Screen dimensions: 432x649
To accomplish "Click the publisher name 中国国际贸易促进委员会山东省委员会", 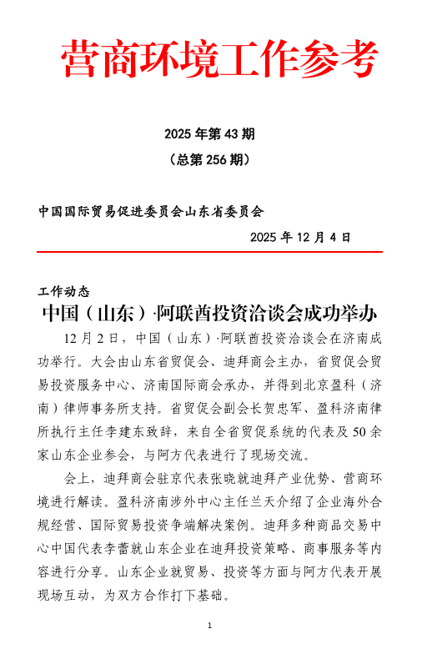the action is [151, 211].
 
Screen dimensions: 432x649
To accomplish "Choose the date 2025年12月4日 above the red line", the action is [301, 237].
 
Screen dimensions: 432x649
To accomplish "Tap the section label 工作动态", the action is [63, 291].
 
